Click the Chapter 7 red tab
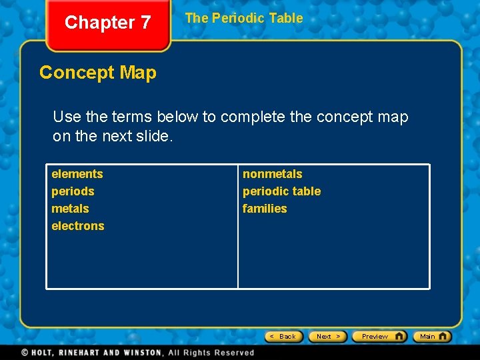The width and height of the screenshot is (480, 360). [x=107, y=23]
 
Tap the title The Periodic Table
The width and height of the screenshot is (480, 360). [x=243, y=19]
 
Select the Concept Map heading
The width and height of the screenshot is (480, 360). [x=98, y=73]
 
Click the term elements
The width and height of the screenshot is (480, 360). [x=77, y=174]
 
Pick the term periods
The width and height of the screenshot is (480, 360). [x=73, y=191]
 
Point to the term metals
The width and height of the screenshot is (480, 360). [x=70, y=209]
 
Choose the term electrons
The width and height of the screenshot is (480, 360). [x=78, y=226]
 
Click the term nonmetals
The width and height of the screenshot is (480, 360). [x=272, y=174]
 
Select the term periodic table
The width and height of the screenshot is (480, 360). [x=281, y=191]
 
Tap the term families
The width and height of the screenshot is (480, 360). [x=265, y=209]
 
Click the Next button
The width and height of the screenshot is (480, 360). [x=328, y=337]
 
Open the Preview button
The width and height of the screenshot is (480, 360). [x=379, y=337]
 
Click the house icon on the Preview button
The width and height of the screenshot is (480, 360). [x=399, y=336]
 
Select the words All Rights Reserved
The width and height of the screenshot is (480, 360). [x=211, y=353]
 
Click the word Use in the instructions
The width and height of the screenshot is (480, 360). [x=67, y=117]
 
